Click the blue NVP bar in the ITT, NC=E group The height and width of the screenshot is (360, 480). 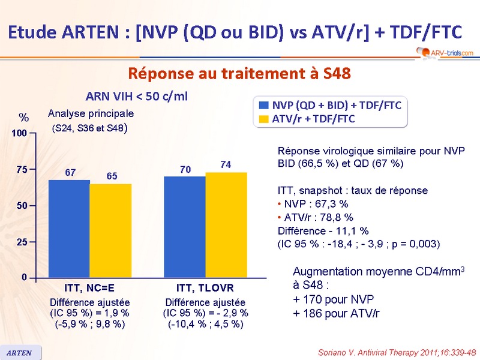coord(69,228)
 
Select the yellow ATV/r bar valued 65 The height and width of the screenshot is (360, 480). coord(110,230)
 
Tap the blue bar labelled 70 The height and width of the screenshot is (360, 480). coord(185,227)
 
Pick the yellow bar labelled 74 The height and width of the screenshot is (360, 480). coord(226,224)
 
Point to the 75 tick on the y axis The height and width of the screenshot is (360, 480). coord(22,170)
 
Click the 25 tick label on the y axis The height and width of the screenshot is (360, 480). coord(22,242)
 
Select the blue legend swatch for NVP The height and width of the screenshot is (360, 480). coord(263,105)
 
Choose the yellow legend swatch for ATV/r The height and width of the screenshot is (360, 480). coord(263,119)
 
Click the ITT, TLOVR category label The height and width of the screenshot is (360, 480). coord(205,287)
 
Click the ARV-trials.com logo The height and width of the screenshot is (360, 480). coord(443,53)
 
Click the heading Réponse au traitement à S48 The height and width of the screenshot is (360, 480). coord(239,73)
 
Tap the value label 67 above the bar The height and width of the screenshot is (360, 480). coord(70,173)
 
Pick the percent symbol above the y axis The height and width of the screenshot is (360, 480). coord(23,116)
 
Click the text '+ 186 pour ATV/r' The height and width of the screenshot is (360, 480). coord(336,313)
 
